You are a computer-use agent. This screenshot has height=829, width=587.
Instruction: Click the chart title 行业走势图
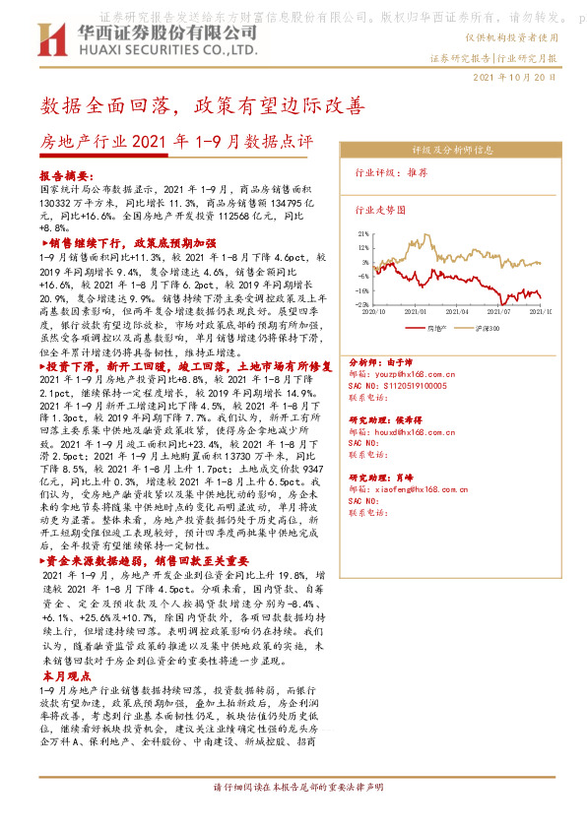[379, 210]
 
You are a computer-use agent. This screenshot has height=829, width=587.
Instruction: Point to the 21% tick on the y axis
[363, 234]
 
